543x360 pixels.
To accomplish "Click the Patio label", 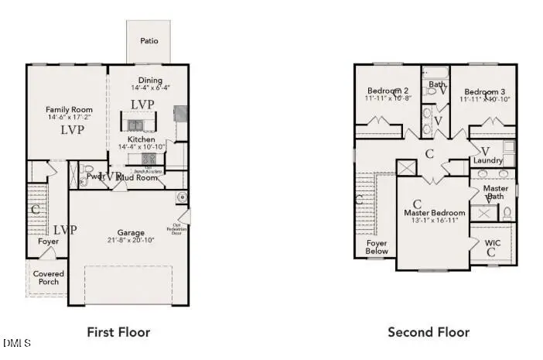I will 149,40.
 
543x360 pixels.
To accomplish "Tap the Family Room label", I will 69,110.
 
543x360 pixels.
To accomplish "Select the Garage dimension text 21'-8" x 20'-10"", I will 131,241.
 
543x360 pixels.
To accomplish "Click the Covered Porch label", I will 49,277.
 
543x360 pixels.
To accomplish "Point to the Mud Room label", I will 140,177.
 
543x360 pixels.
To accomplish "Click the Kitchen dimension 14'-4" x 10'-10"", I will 142,147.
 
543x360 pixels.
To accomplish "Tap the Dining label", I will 150,81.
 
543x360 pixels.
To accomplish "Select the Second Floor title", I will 428,332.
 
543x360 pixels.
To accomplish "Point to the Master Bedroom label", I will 435,213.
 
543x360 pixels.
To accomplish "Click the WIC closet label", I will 493,243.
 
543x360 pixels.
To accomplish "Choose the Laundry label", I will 488,160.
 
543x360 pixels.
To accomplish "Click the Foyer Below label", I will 377,247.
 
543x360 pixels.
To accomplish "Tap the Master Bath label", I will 495,193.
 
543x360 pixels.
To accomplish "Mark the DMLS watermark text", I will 16,342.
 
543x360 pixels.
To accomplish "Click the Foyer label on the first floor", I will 49,242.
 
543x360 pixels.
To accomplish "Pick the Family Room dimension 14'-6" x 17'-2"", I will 69,118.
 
